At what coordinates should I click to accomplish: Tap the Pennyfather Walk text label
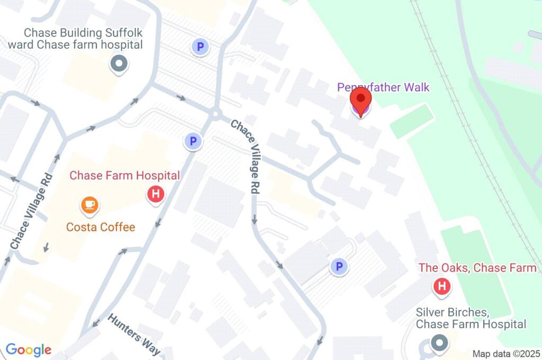[384, 87]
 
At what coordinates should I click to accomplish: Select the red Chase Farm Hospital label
[125, 175]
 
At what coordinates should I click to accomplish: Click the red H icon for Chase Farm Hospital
[156, 194]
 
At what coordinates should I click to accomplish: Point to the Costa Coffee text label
[101, 227]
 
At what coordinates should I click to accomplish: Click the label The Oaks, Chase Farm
[477, 268]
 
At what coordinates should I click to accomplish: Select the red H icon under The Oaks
[441, 287]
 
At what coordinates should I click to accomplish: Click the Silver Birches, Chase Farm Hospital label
[471, 318]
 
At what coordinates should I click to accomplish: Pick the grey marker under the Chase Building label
[119, 64]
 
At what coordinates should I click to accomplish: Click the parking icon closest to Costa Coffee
[193, 141]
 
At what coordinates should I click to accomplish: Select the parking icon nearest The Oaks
[339, 267]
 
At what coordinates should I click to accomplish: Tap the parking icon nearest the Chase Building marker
[200, 47]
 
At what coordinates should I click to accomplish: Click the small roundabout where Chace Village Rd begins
[214, 114]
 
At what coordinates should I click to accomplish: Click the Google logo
[29, 349]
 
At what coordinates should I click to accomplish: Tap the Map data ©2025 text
[505, 353]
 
